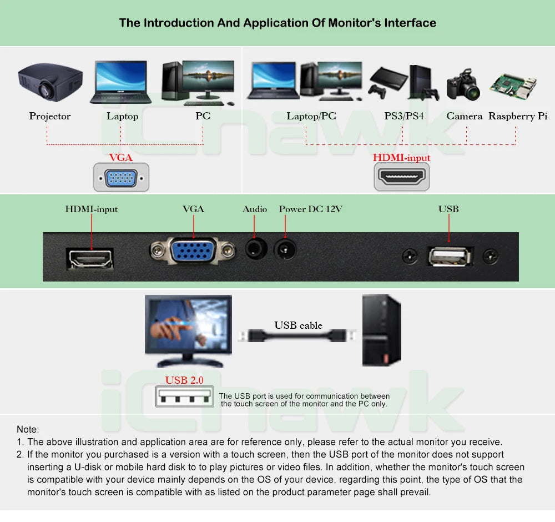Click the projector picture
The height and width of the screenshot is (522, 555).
point(51,82)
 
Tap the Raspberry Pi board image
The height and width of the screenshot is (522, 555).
point(513,87)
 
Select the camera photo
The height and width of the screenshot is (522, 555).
point(463,85)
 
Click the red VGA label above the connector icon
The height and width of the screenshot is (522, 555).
point(120,157)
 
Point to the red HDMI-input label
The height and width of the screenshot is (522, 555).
point(402,158)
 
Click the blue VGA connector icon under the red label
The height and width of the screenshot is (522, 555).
point(121,178)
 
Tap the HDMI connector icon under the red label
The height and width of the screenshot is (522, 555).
point(402,177)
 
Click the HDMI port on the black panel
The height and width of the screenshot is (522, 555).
point(90,259)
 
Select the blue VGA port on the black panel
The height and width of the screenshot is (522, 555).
point(193,251)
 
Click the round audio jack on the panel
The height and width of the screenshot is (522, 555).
point(255,249)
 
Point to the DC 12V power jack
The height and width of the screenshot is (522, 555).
point(285,249)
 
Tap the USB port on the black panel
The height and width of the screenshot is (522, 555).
point(450,256)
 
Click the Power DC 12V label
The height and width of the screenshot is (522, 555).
point(310,209)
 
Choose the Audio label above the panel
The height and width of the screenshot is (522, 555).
point(255,209)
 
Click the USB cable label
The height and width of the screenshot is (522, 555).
point(299,325)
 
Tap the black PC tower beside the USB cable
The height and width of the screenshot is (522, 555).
point(382,330)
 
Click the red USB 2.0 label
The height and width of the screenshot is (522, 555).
point(184,380)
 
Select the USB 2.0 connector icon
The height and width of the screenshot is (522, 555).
point(184,396)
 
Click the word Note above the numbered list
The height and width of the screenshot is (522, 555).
point(27,429)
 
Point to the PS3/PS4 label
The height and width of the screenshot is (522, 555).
point(404,116)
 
